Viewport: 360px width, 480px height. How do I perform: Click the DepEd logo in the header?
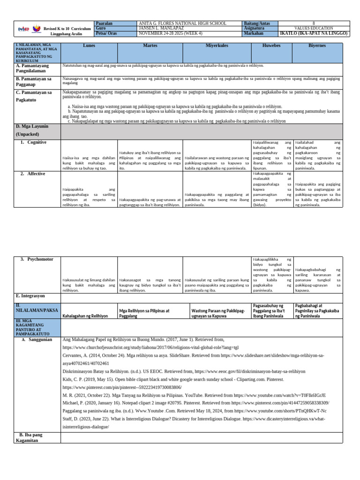click(23, 29)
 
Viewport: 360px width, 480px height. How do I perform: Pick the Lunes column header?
click(89, 45)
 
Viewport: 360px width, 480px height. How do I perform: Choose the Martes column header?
click(150, 45)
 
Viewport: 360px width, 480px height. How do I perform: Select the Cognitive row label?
click(37, 142)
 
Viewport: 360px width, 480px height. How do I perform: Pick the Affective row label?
click(36, 174)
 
